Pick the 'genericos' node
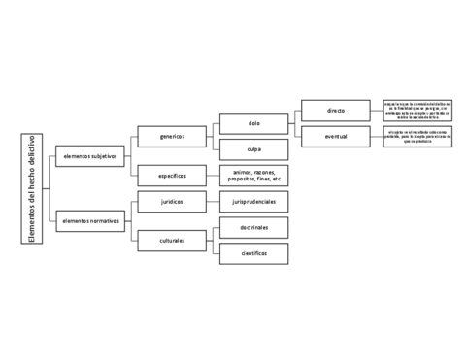click(173, 137)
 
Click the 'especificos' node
click(173, 176)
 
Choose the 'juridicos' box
click(173, 201)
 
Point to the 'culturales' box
click(173, 239)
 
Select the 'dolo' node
click(254, 123)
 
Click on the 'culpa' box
click(254, 149)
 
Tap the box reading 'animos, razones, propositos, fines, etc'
click(254, 176)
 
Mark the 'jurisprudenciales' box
click(254, 201)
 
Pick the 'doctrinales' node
click(254, 227)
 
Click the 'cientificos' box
click(254, 252)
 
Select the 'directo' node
click(336, 111)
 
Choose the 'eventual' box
click(336, 137)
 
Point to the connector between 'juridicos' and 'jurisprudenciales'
click(214, 201)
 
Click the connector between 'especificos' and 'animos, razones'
click(214, 176)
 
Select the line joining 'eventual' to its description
click(378, 137)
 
